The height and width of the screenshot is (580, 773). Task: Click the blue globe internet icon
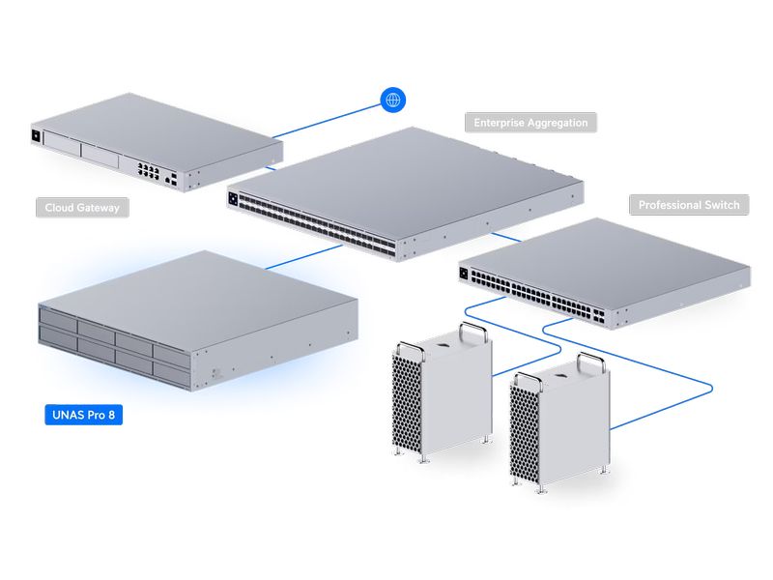pyautogui.click(x=393, y=100)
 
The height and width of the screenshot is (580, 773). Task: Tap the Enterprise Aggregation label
pyautogui.click(x=530, y=123)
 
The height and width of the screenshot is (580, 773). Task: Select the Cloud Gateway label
pyautogui.click(x=87, y=208)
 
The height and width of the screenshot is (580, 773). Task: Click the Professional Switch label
pyautogui.click(x=689, y=205)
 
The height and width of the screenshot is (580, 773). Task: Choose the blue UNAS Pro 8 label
pyautogui.click(x=83, y=416)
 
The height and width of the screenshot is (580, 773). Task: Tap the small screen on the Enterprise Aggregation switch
pyautogui.click(x=234, y=198)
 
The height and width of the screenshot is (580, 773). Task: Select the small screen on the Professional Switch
pyautogui.click(x=465, y=274)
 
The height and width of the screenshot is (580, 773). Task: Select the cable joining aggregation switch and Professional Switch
pyautogui.click(x=505, y=235)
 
